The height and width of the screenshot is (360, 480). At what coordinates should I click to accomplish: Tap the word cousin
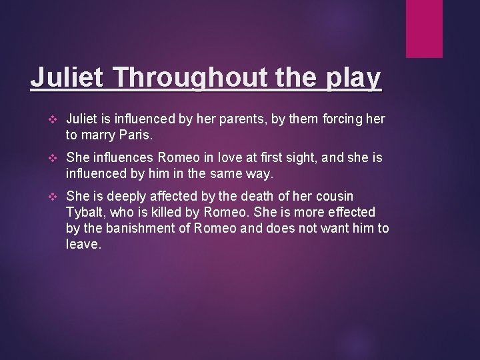[x=335, y=197]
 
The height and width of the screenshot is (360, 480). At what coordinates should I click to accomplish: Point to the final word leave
[x=84, y=245]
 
